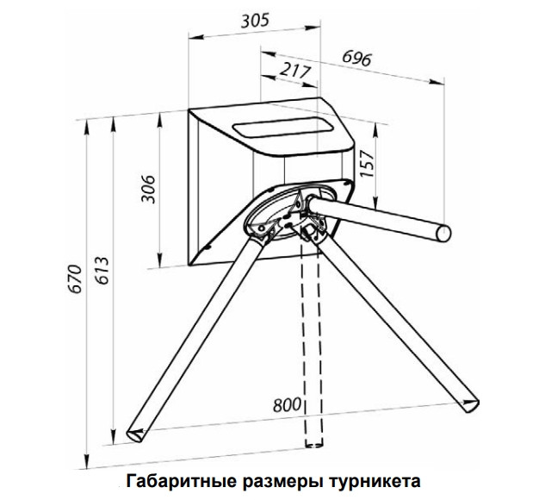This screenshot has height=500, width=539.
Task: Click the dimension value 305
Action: point(255,20)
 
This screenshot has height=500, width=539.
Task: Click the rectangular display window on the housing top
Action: point(279,131)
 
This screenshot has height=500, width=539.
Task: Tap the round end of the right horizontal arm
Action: point(443,231)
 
